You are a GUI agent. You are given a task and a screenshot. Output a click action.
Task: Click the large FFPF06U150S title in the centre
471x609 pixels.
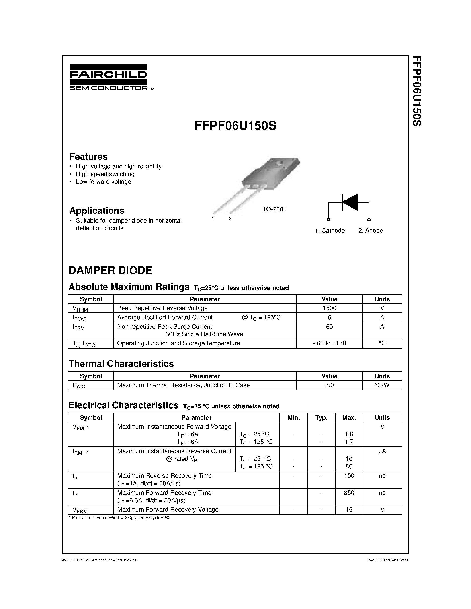point(235,126)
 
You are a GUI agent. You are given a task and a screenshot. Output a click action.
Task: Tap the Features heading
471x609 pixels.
point(88,157)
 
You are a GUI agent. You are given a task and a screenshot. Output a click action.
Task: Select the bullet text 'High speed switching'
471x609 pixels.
point(105,174)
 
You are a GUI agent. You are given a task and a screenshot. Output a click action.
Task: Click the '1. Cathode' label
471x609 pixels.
point(330,231)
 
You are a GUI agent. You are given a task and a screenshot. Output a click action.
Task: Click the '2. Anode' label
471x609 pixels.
point(370,231)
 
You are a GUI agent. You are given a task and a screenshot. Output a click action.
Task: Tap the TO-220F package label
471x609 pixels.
point(274,209)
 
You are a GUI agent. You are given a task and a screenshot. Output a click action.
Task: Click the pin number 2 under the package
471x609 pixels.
point(230,219)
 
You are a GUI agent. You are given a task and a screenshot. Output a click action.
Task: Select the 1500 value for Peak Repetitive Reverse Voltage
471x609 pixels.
point(329,308)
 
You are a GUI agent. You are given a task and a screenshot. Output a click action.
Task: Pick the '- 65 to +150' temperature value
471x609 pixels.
point(329,343)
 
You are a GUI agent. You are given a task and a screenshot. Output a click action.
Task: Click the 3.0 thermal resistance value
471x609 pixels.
point(329,385)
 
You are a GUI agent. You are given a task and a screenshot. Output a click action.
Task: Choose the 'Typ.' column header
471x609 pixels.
point(321,417)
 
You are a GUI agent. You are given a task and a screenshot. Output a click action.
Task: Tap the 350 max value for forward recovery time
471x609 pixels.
point(349,493)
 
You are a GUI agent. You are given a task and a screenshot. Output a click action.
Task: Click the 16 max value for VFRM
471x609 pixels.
point(349,509)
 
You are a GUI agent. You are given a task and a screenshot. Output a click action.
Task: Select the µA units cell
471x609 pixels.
point(382,451)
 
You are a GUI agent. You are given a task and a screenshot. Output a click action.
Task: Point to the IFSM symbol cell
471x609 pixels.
point(78,328)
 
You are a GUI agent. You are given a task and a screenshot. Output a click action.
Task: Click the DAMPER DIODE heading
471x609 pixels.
point(111,270)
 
